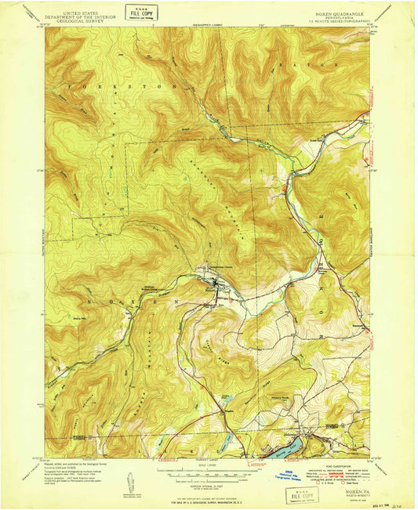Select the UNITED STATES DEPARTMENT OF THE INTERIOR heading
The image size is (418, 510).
point(85,11)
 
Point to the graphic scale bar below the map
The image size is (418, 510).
point(207,473)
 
